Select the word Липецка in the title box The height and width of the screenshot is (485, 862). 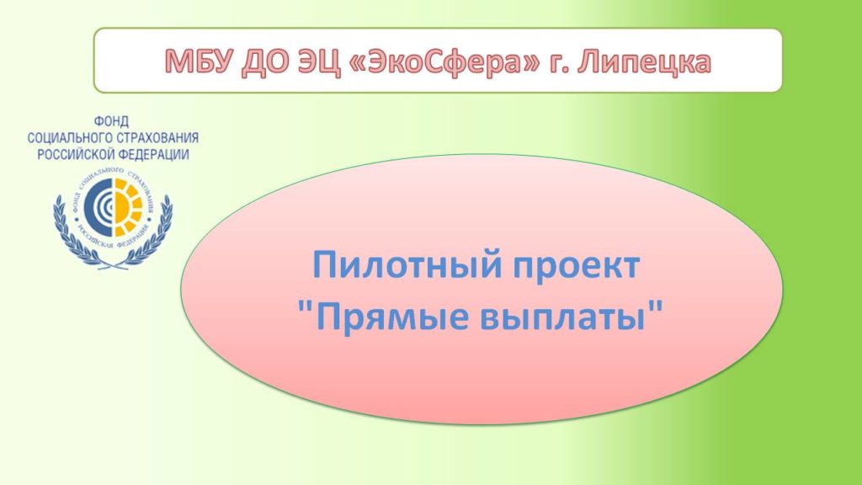(x=644, y=62)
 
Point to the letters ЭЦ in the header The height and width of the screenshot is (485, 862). (x=318, y=62)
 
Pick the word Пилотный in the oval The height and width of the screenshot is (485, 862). (x=407, y=265)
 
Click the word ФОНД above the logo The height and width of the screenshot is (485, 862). (x=112, y=121)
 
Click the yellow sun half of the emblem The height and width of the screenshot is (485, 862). (x=128, y=206)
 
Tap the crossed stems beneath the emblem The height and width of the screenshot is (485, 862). (x=114, y=264)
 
